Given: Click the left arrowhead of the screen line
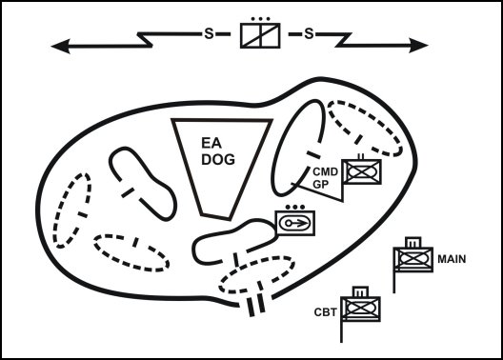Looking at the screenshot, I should point(60,44).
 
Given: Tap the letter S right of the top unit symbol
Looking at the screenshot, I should point(309,34).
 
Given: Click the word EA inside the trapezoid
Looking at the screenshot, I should point(211,142).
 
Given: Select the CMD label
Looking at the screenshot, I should point(326,172).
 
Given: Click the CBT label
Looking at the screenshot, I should point(324,310).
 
